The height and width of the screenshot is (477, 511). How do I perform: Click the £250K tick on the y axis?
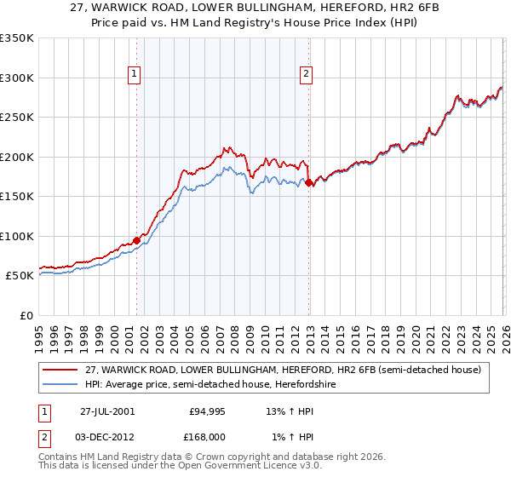[17, 118]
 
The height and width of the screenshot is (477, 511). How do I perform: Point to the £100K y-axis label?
[17, 236]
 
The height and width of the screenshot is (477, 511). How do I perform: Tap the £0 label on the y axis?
[27, 315]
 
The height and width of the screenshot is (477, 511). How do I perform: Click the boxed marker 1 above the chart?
[135, 74]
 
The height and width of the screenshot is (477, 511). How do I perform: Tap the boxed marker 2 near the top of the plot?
[306, 74]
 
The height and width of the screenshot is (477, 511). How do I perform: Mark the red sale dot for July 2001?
[137, 239]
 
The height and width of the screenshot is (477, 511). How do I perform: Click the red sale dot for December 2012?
[308, 182]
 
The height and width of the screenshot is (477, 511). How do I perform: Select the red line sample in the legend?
[61, 370]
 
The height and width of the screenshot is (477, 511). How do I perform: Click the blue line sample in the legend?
[61, 385]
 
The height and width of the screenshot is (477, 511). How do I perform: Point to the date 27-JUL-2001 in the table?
[106, 411]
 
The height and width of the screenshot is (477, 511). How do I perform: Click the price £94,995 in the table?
[207, 411]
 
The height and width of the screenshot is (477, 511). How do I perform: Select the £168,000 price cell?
[207, 436]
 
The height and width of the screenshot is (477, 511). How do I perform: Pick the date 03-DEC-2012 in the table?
[108, 436]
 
